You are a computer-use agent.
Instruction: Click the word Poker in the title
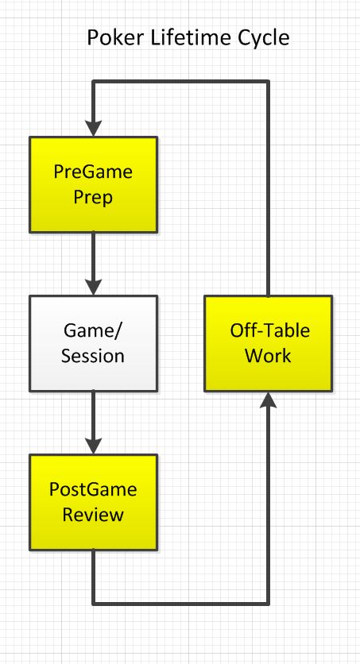pyautogui.click(x=112, y=37)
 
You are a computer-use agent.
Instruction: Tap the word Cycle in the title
pyautogui.click(x=255, y=37)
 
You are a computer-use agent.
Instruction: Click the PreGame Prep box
pyautogui.click(x=94, y=183)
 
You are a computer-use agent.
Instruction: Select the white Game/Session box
pyautogui.click(x=94, y=342)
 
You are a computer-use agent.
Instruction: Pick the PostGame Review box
pyautogui.click(x=94, y=502)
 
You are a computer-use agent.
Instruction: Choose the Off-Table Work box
pyautogui.click(x=266, y=342)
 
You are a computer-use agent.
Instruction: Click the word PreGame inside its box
pyautogui.click(x=94, y=172)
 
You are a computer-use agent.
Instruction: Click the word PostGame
pyautogui.click(x=94, y=490)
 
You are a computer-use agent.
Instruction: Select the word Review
pyautogui.click(x=94, y=515)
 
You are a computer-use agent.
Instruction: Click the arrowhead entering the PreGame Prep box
pyautogui.click(x=94, y=127)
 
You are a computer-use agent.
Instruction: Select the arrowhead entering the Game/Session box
pyautogui.click(x=94, y=287)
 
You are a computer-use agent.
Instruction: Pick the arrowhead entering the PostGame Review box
pyautogui.click(x=94, y=446)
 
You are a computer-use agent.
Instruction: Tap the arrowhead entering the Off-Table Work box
pyautogui.click(x=267, y=401)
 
